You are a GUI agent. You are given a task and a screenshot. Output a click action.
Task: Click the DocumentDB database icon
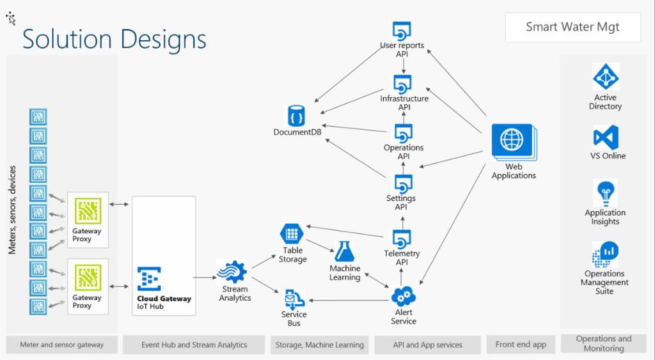click(296, 116)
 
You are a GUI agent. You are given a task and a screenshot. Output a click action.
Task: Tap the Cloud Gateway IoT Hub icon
click(148, 279)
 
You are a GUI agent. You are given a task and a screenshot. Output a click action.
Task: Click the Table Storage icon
click(292, 233)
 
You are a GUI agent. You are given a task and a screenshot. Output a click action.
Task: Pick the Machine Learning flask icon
click(344, 251)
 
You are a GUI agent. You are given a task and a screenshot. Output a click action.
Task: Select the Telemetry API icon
click(402, 238)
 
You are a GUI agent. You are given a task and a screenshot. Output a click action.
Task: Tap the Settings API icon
click(402, 184)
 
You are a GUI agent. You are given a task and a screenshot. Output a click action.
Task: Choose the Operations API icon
click(403, 133)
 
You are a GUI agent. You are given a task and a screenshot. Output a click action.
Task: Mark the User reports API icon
click(402, 31)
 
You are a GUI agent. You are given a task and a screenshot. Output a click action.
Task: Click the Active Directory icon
click(605, 77)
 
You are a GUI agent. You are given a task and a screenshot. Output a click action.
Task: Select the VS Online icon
click(605, 137)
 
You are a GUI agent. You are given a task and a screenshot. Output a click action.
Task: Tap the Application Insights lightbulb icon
click(605, 194)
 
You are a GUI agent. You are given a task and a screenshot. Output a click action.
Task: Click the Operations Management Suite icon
click(604, 255)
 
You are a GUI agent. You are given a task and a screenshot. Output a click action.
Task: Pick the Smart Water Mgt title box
click(572, 27)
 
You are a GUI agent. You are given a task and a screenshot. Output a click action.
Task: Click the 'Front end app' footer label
click(521, 345)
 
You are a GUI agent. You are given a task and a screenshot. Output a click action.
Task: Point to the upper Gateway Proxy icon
click(88, 212)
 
